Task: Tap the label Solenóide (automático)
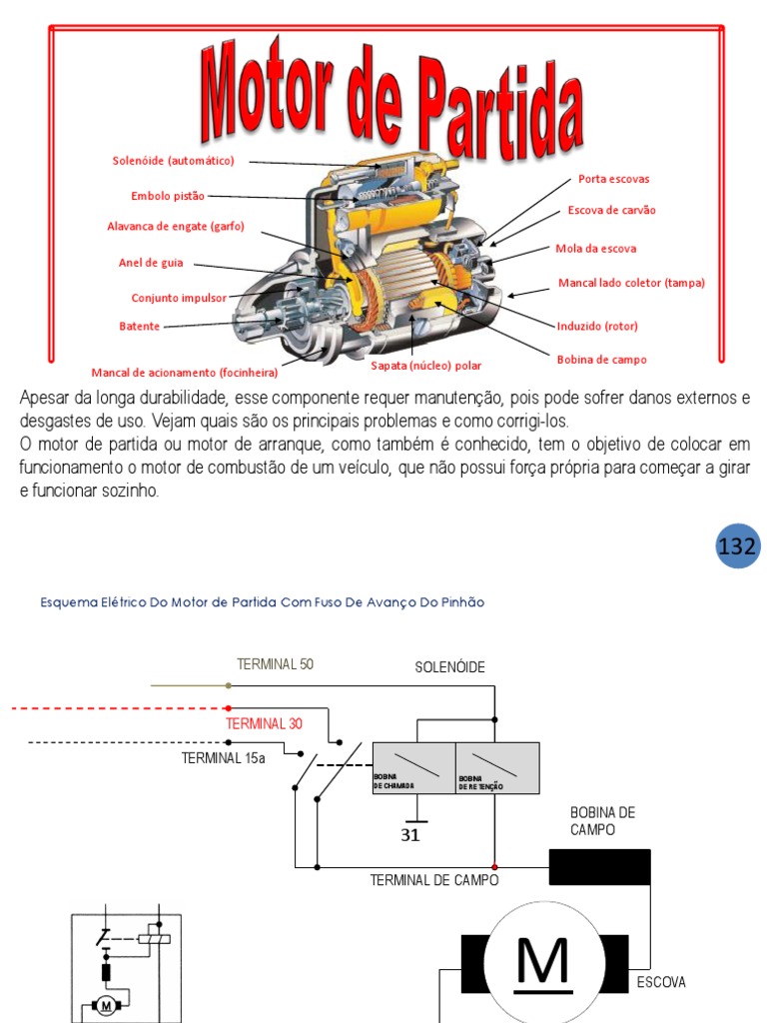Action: [x=173, y=161]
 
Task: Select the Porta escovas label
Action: [x=613, y=180]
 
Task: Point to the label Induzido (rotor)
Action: [x=597, y=326]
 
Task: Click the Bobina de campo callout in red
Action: [x=601, y=360]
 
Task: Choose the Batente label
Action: [x=140, y=327]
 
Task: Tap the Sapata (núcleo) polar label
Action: [x=426, y=366]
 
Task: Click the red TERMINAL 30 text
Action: [x=264, y=723]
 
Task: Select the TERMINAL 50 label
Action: [x=275, y=664]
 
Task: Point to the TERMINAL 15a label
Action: [x=224, y=757]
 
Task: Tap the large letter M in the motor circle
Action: [x=542, y=963]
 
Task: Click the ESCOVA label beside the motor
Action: [x=661, y=982]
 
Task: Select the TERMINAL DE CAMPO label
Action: [x=434, y=880]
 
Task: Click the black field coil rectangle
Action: [x=599, y=867]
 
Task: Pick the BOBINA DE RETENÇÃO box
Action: [x=497, y=768]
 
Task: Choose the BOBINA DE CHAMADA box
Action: [x=413, y=768]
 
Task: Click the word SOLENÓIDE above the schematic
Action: [x=450, y=667]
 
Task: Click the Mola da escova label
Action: [x=595, y=248]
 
